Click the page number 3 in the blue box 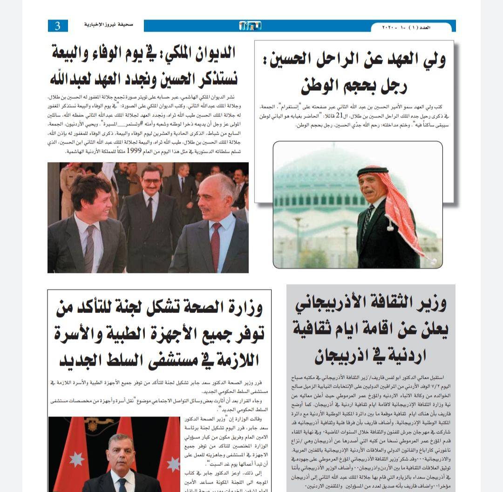pos(58,26)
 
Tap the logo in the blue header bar pos(250,26)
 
